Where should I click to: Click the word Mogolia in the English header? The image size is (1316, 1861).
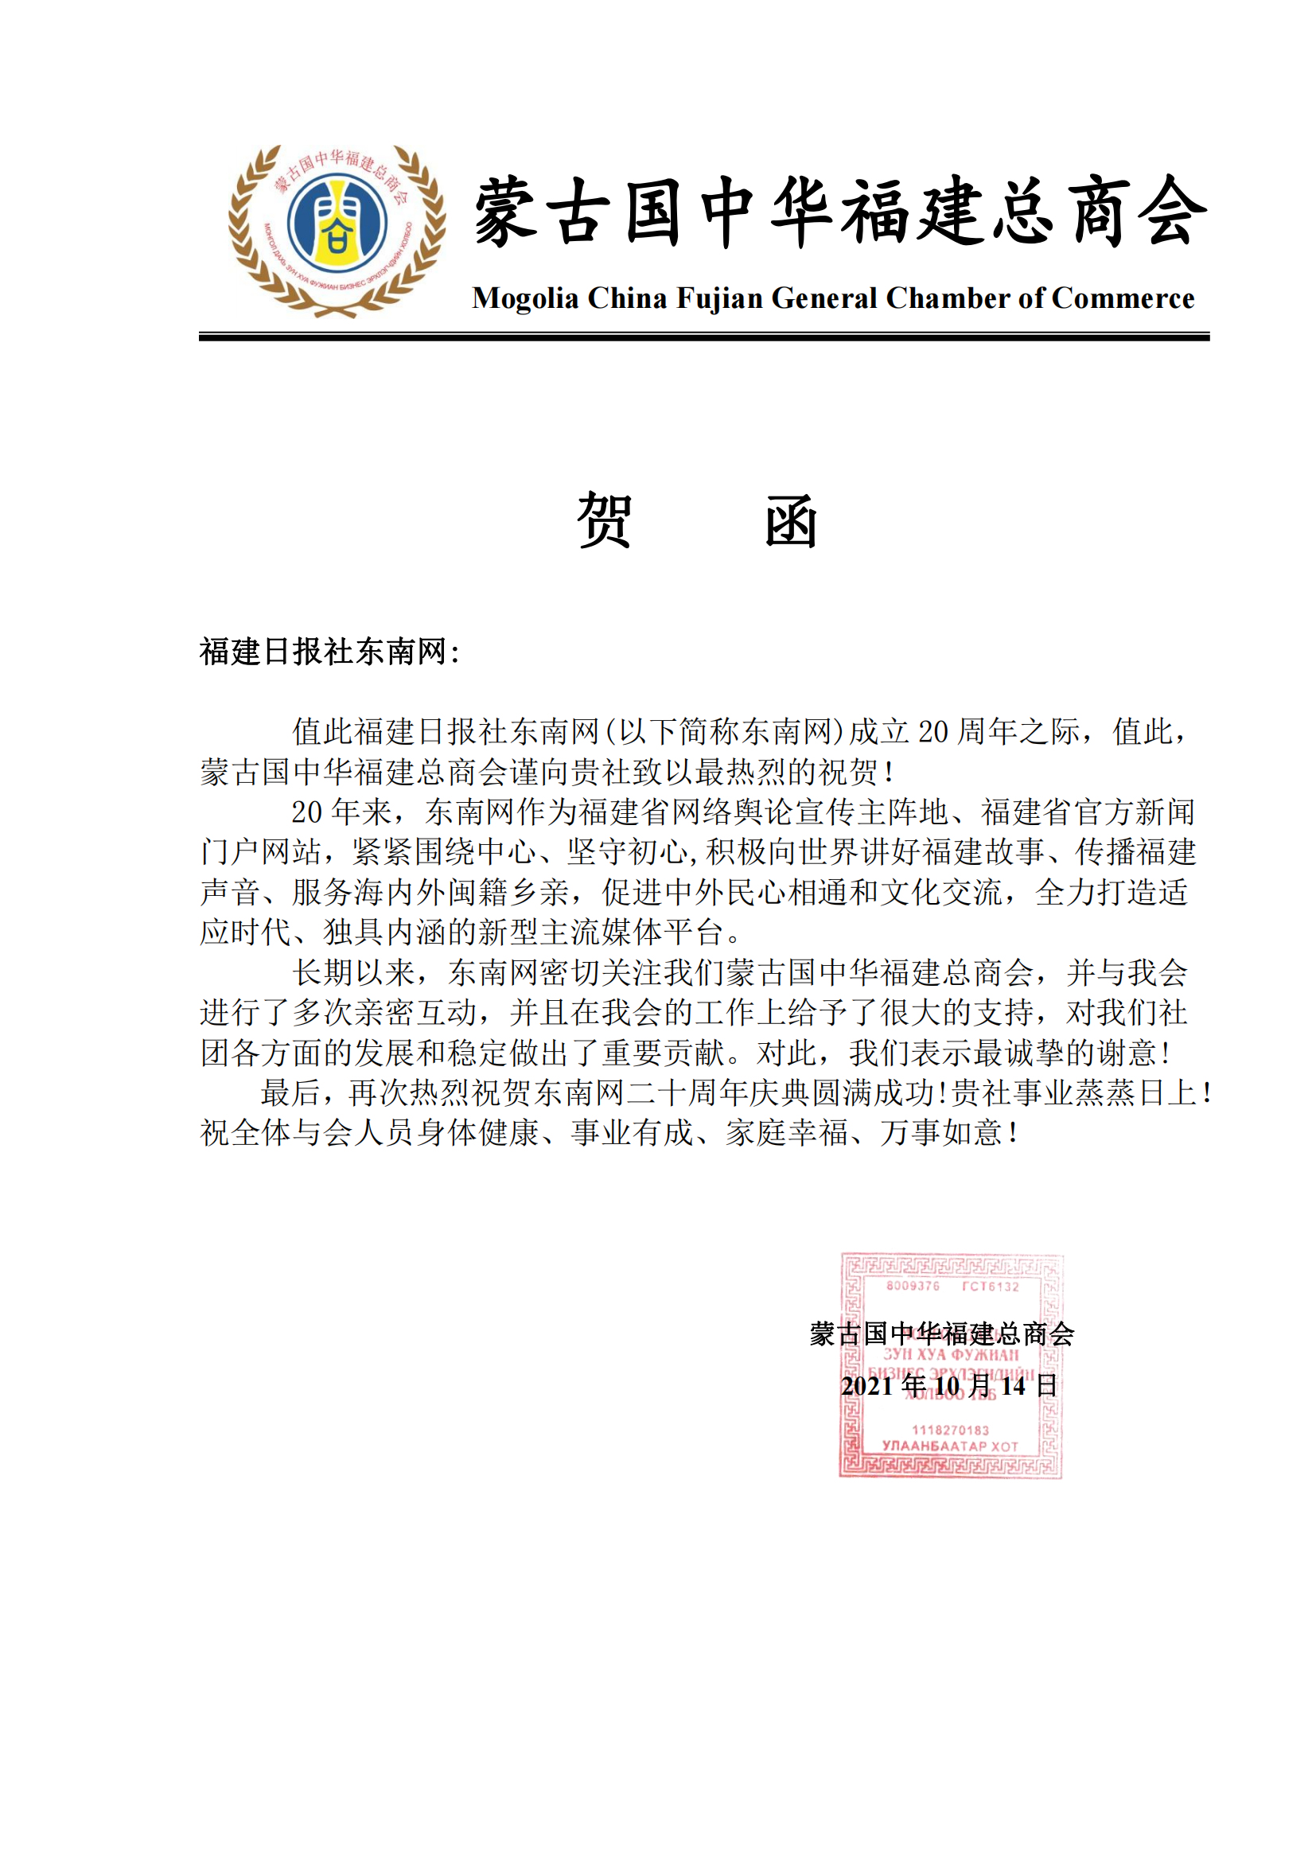[x=525, y=298]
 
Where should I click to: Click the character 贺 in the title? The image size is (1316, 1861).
[x=605, y=520]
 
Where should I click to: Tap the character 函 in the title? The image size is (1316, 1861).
[x=791, y=520]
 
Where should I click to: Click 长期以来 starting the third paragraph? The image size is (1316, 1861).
[x=353, y=972]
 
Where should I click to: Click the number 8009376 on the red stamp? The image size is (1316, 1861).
[x=913, y=1287]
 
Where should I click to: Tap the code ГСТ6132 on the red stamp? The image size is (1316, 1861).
[x=991, y=1287]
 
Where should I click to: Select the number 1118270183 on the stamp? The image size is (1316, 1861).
[x=951, y=1431]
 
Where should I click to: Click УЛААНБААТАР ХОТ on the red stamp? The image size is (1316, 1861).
[x=950, y=1446]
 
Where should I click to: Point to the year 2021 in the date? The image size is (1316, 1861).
[x=866, y=1386]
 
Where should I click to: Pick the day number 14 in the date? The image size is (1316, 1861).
[x=1013, y=1386]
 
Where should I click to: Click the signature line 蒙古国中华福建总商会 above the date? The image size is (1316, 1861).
[x=941, y=1334]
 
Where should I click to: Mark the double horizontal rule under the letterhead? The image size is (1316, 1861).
[x=703, y=337]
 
